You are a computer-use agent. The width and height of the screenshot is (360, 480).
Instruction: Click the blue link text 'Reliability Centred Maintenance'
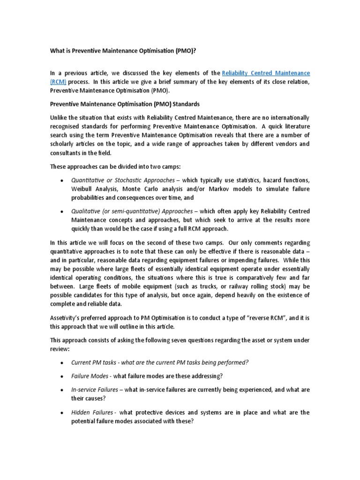coord(266,73)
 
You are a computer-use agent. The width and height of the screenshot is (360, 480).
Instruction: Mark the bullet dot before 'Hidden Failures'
coord(62,412)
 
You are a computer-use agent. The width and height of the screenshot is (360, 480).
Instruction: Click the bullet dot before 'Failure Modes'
coord(62,376)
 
